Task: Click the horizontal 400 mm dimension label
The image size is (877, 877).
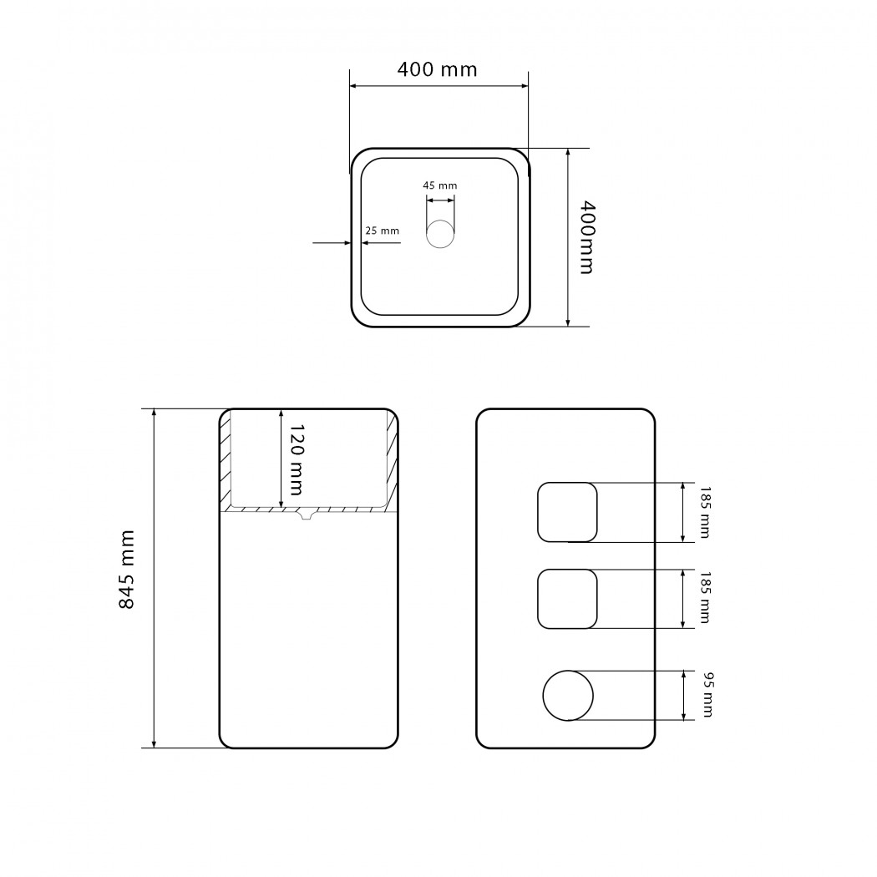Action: (x=438, y=69)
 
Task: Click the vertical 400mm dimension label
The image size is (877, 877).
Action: (x=586, y=237)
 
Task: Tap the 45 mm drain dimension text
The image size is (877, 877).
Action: (x=439, y=185)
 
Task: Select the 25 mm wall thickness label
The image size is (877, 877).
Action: (x=382, y=231)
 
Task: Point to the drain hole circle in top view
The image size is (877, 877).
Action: (x=440, y=234)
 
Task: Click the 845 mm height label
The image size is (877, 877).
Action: (x=127, y=570)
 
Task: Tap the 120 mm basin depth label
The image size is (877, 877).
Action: (x=297, y=459)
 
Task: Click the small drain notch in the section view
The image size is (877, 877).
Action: (x=306, y=514)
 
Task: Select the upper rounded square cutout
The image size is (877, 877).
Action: (x=567, y=512)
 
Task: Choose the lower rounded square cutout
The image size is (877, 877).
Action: (x=567, y=599)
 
